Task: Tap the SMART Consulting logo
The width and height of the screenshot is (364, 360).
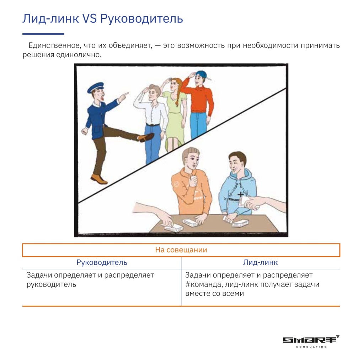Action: click(311, 341)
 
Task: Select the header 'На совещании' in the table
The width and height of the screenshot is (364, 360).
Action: click(181, 250)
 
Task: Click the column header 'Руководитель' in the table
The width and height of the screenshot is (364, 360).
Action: click(102, 263)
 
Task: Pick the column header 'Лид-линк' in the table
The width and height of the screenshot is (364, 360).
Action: click(260, 263)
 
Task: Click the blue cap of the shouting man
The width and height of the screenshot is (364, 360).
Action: click(95, 87)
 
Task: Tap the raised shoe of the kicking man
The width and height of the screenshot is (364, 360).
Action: click(146, 137)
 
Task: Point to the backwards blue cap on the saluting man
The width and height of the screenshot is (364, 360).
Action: click(202, 74)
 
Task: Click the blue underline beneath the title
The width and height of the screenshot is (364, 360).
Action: click(43, 34)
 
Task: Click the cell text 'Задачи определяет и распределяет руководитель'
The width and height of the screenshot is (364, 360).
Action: click(90, 280)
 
